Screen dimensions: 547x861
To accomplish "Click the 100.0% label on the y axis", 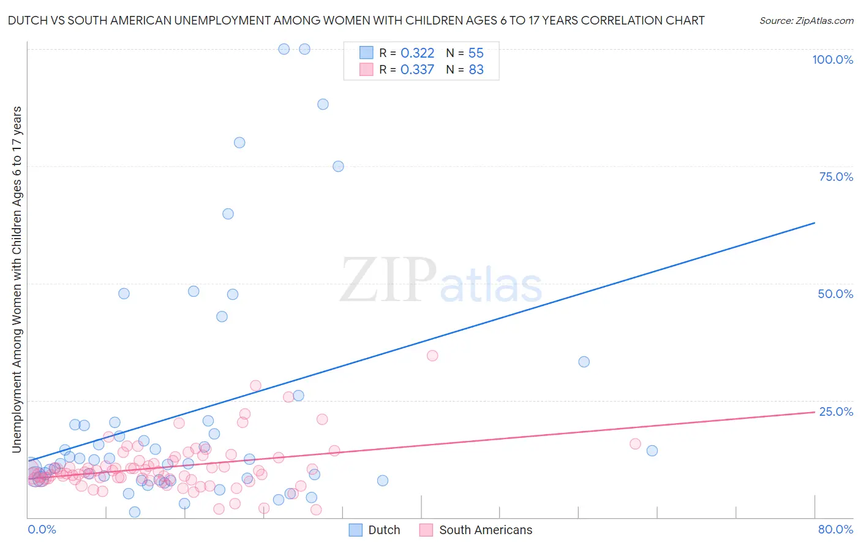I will tap(832, 59).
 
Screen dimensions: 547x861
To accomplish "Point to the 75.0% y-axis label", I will tap(836, 177).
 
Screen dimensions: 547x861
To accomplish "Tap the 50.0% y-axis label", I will tap(835, 294).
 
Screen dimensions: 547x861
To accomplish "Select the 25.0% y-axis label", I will tap(836, 411).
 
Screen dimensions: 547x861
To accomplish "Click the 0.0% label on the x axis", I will tap(42, 529).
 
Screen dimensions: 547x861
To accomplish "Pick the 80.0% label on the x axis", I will tap(835, 529).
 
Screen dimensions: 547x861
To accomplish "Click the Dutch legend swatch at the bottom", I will tap(356, 530).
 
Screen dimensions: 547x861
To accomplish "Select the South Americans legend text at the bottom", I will tap(486, 530).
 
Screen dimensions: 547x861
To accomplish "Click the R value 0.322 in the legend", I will tap(417, 53).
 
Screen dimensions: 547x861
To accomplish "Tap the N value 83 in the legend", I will tap(476, 70).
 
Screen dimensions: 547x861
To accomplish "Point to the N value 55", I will tap(476, 53).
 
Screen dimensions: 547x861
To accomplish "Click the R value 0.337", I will tap(417, 70).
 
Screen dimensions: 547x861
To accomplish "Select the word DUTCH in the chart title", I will tap(26, 20).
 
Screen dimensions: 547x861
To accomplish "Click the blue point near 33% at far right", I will tap(584, 362).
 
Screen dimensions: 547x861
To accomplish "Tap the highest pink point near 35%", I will tap(432, 356).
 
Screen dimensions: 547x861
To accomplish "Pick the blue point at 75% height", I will tap(338, 166).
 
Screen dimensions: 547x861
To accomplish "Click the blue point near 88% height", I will tap(323, 104).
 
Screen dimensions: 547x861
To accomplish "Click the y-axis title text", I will tap(17, 279).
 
